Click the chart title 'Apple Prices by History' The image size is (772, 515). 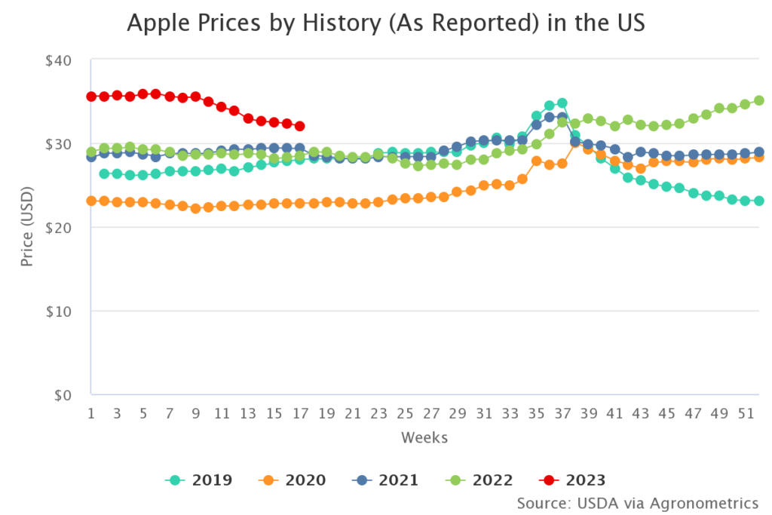(386, 23)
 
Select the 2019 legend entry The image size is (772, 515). (199, 480)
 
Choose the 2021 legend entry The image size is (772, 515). (385, 480)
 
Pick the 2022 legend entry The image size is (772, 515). (478, 480)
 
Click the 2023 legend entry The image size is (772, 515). (571, 480)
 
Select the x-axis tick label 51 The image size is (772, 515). (746, 413)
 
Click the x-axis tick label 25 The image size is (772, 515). (405, 413)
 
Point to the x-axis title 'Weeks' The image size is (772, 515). (424, 437)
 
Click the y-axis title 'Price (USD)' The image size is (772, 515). (27, 228)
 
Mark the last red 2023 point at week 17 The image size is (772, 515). (300, 127)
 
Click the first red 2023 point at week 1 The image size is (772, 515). (91, 97)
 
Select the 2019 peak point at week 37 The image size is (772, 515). (562, 103)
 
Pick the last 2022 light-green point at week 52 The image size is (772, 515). (759, 100)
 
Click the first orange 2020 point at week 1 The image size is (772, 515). (91, 201)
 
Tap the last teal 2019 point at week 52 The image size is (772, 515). (759, 201)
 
